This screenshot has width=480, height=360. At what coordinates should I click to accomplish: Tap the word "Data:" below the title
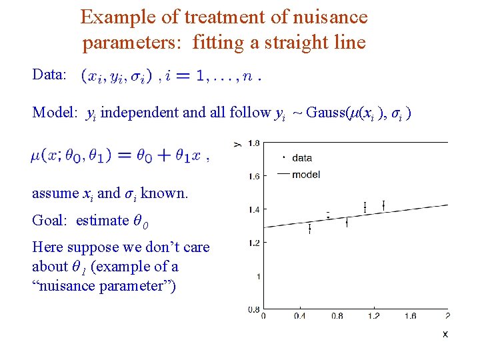coord(49,74)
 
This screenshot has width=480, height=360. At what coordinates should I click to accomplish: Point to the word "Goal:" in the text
coord(51,220)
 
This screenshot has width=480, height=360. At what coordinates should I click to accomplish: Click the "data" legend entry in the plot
coord(301,158)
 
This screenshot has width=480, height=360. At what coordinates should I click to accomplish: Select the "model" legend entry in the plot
coord(305,175)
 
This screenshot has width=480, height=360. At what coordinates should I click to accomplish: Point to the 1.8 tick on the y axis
coord(253,143)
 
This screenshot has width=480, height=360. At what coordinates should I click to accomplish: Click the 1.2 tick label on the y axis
coord(253,243)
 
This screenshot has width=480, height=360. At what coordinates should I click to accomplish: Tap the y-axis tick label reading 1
coord(257,276)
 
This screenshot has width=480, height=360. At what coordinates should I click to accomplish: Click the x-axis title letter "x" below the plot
coord(445,333)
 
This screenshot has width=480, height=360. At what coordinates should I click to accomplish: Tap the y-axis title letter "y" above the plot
coord(238,143)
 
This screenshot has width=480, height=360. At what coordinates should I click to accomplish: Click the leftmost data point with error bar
coord(310,229)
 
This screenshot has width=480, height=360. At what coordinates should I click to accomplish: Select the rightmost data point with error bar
coord(383,205)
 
